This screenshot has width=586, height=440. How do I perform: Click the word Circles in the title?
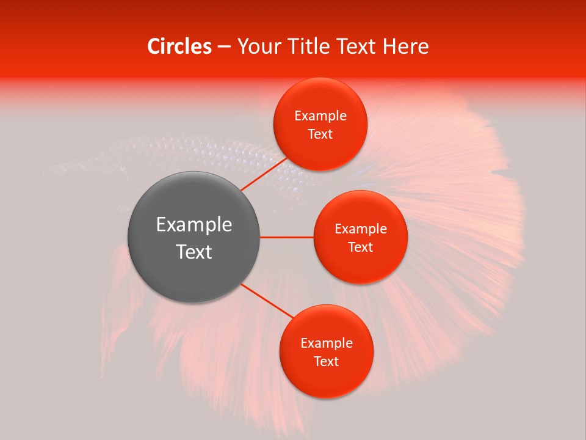click(179, 46)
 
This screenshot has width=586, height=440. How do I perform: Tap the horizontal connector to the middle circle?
click(287, 237)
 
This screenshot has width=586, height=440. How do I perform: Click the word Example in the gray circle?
click(194, 225)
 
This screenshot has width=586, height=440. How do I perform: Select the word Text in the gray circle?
click(194, 252)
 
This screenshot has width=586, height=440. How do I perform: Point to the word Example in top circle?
click(320, 116)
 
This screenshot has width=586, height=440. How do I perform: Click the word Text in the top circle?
click(320, 134)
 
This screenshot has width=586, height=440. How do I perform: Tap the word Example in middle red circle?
click(360, 229)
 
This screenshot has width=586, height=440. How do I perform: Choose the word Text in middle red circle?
click(360, 248)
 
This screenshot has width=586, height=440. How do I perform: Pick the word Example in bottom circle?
click(326, 343)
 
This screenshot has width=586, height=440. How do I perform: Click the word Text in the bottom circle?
click(326, 362)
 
